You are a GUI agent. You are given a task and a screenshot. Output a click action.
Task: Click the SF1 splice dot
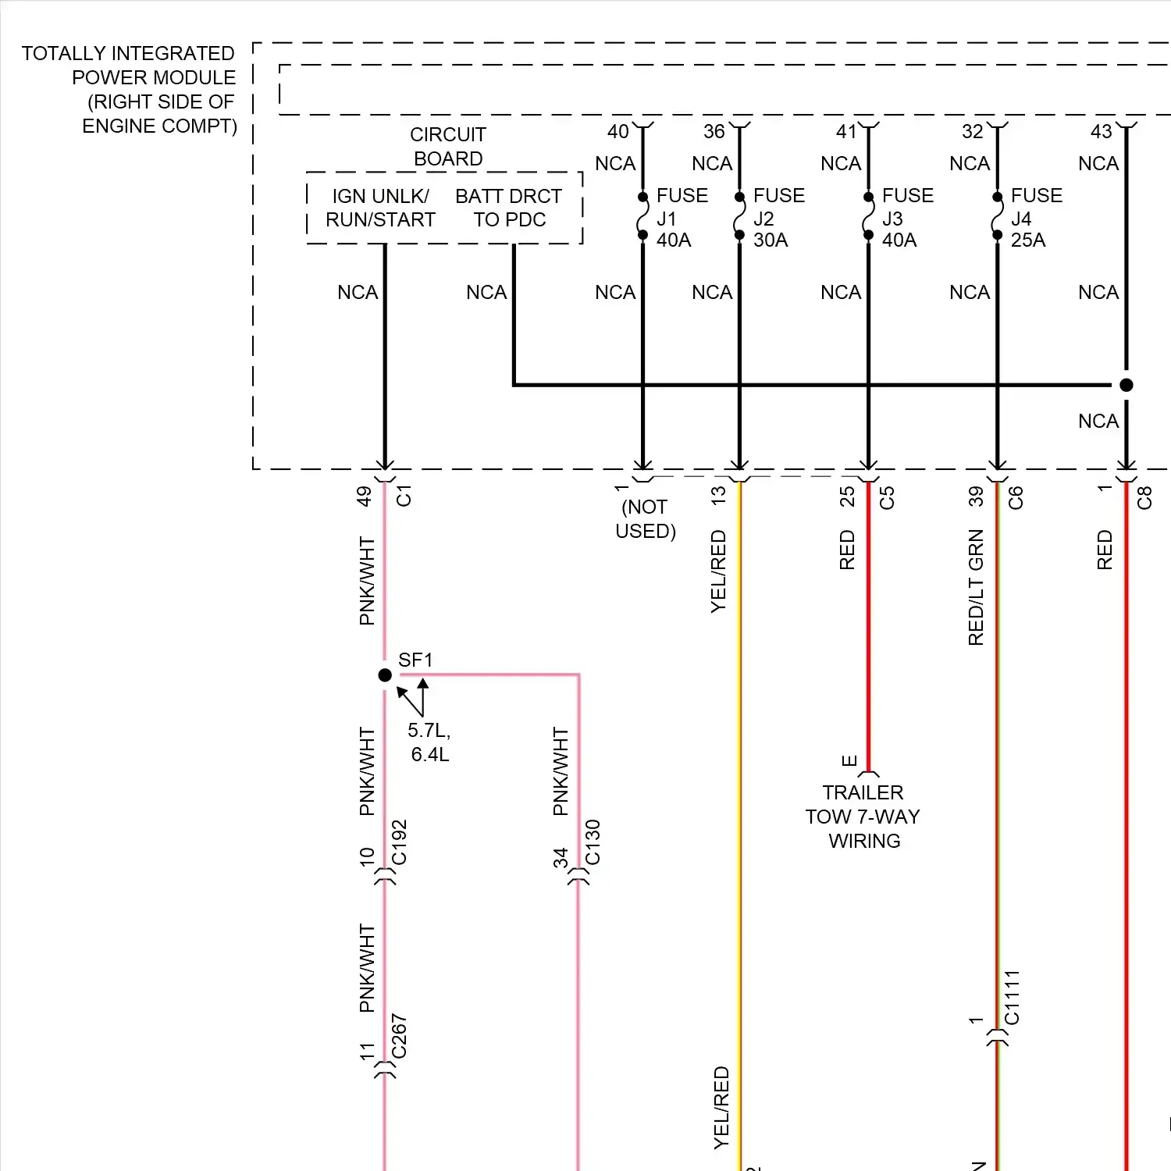tap(385, 675)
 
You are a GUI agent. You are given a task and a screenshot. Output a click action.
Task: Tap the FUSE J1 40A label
tap(682, 218)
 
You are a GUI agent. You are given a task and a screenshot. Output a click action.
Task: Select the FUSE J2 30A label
tap(778, 218)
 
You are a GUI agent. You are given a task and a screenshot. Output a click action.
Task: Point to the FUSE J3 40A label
tap(907, 218)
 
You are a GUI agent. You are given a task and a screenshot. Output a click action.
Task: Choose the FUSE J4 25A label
tap(1036, 218)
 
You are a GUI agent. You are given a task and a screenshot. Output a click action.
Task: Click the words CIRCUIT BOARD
tap(448, 147)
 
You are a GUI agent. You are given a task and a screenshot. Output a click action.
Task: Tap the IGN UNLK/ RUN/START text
tap(380, 208)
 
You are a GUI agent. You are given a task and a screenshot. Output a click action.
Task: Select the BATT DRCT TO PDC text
tap(509, 208)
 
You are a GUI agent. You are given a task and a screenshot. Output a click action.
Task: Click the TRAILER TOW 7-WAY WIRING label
tap(863, 817)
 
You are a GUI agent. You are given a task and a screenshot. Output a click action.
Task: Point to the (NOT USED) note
tap(646, 519)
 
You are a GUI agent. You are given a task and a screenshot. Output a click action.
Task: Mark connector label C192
tap(399, 842)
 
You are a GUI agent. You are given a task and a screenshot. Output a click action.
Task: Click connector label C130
tap(593, 842)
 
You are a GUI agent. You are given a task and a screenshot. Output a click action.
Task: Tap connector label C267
tap(399, 1036)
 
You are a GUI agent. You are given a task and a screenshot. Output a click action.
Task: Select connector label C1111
tap(1012, 998)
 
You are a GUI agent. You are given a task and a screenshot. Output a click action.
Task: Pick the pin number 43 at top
tap(1101, 131)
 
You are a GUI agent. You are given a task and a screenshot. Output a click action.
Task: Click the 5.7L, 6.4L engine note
tap(429, 742)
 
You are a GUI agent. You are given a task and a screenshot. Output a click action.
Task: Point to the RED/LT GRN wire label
tap(976, 588)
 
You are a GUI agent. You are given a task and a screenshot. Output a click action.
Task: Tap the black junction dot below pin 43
tap(1126, 385)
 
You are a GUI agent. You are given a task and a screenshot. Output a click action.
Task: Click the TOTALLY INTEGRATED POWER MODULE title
tap(129, 90)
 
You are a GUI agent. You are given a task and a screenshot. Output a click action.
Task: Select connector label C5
tap(887, 498)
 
